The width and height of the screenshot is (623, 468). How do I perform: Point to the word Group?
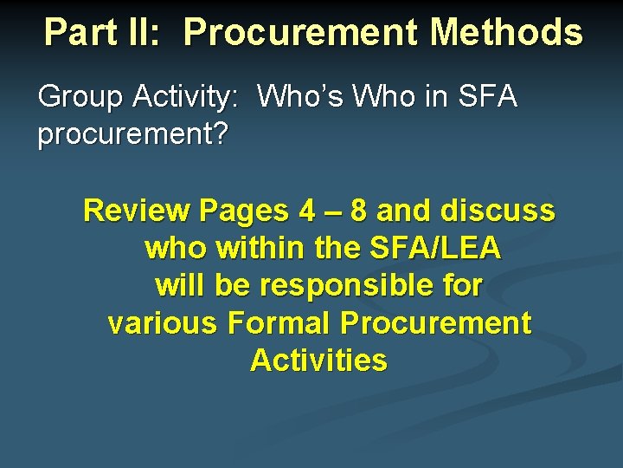[80, 97]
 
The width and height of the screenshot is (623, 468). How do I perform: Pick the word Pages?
[245, 211]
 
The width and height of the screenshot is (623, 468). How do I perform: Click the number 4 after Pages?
[306, 211]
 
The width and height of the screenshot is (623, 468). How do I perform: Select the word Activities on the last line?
[318, 361]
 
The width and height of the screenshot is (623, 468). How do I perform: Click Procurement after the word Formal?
[435, 323]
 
